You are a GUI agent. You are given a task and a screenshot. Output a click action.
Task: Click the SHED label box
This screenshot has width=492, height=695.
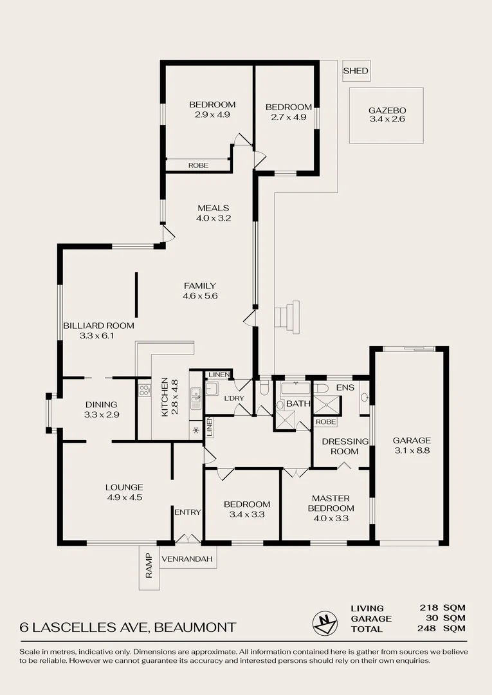pyautogui.click(x=356, y=71)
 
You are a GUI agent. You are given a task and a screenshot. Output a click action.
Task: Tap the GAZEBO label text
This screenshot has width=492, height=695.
pyautogui.click(x=387, y=110)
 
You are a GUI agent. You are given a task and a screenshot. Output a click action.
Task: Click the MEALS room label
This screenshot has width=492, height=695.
pyautogui.click(x=213, y=208)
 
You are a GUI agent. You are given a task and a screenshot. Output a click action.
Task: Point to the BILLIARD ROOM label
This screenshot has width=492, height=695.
pyautogui.click(x=98, y=326)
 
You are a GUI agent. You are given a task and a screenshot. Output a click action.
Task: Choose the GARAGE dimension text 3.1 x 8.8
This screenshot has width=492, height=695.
pyautogui.click(x=411, y=450)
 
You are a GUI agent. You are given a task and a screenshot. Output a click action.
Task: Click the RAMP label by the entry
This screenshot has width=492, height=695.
pyautogui.click(x=149, y=566)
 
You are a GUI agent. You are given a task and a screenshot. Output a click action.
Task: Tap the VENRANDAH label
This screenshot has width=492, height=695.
pyautogui.click(x=187, y=559)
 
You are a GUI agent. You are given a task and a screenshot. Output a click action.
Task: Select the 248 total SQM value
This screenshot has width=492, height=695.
pyautogui.click(x=430, y=629)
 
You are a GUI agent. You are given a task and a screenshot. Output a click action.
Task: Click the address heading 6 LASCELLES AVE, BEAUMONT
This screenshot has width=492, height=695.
pyautogui.click(x=128, y=627)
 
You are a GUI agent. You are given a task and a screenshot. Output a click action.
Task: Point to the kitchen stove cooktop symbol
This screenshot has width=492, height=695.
pyautogui.click(x=144, y=389)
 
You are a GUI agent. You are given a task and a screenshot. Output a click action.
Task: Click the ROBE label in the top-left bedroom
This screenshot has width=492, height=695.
pyautogui.click(x=198, y=165)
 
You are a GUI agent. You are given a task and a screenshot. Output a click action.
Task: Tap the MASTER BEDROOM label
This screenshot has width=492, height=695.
pyautogui.click(x=331, y=503)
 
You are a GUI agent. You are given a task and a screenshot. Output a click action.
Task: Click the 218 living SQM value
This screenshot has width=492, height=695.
pyautogui.click(x=430, y=607)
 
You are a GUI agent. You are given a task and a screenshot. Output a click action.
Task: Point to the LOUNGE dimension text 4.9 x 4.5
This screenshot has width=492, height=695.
pyautogui.click(x=125, y=497)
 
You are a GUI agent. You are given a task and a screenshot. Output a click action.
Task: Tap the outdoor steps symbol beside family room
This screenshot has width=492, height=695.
pyautogui.click(x=287, y=315)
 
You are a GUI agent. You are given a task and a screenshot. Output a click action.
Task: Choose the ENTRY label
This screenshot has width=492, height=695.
pyautogui.click(x=188, y=512)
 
